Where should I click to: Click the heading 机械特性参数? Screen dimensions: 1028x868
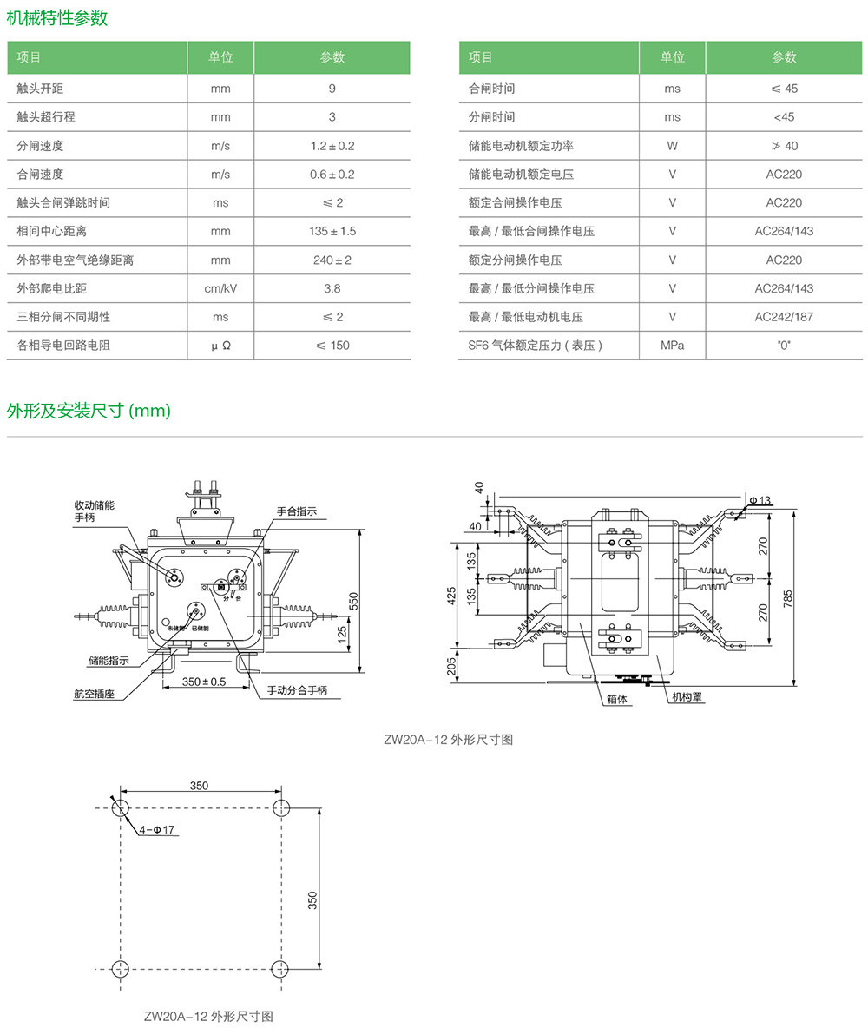click(57, 17)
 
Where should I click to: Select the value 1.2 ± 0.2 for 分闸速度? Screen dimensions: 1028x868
click(332, 146)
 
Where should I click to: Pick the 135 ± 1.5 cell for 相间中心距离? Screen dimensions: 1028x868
click(332, 231)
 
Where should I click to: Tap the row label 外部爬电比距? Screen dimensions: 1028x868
click(52, 288)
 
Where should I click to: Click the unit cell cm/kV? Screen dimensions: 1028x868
click(220, 288)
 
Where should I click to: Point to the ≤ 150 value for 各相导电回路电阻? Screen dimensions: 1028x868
click(332, 346)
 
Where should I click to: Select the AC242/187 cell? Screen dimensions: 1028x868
click(784, 317)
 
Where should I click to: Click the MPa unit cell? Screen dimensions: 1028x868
click(672, 346)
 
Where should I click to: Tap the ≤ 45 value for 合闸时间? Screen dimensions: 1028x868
click(784, 89)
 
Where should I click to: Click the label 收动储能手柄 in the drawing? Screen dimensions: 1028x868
click(94, 511)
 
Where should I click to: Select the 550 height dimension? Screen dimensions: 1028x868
click(353, 599)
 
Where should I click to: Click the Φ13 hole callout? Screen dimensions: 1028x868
click(759, 500)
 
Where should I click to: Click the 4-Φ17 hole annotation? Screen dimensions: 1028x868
click(158, 830)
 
